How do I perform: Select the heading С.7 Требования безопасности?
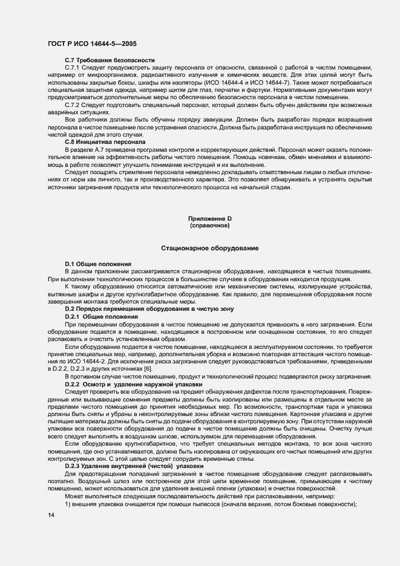point(110,60)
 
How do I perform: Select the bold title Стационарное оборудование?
point(209,248)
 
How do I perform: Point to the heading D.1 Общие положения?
point(98,264)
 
